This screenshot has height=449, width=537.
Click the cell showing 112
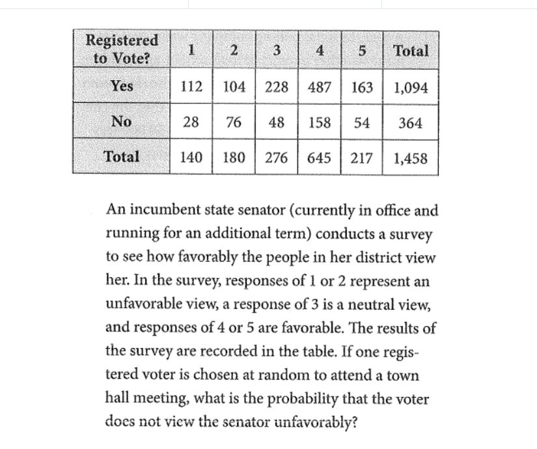[x=191, y=87]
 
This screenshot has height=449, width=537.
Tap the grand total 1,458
[x=411, y=157]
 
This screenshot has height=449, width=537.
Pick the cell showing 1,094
[x=411, y=87]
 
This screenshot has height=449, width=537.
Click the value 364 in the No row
[x=411, y=122]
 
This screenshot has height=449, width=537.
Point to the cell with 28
[x=191, y=122]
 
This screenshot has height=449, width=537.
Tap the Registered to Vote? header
[x=122, y=49]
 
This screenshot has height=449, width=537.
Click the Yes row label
[x=122, y=86]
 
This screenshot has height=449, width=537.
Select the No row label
[x=122, y=121]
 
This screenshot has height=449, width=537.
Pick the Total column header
[x=411, y=51]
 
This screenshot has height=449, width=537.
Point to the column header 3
[x=277, y=51]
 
